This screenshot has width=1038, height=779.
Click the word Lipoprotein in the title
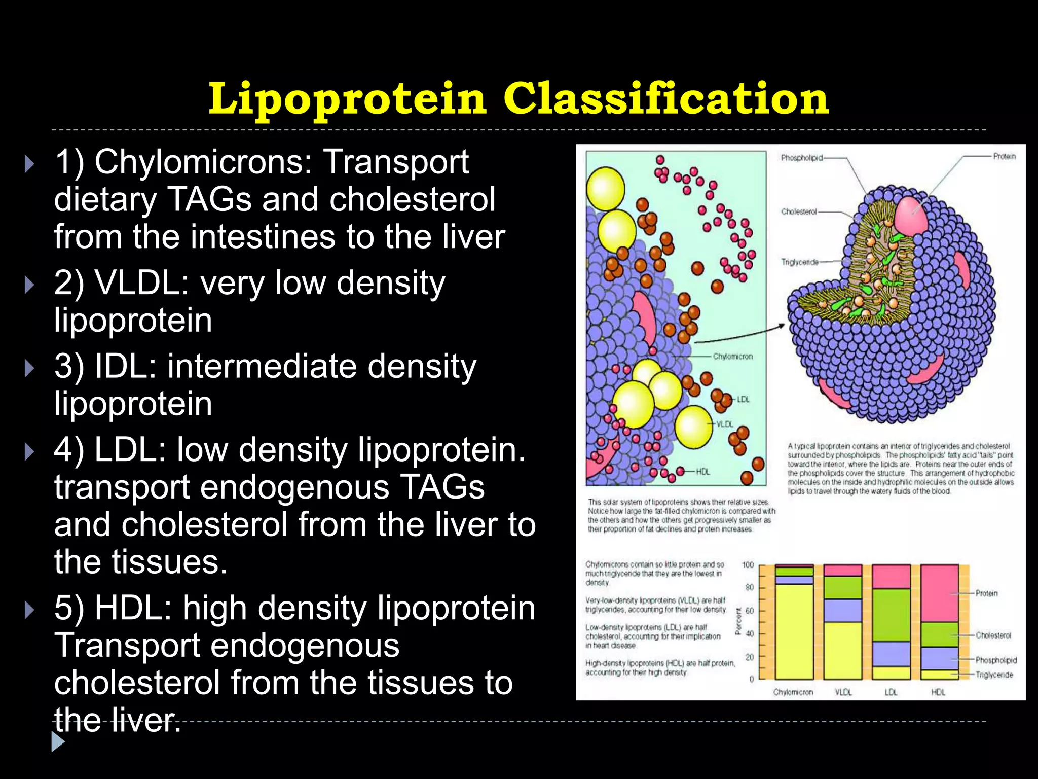click(x=347, y=98)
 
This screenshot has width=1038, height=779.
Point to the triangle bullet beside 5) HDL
click(x=29, y=609)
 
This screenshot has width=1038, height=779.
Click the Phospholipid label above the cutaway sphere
click(x=801, y=158)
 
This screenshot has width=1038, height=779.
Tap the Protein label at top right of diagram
click(x=1004, y=156)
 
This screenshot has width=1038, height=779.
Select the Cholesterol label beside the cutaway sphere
click(x=799, y=211)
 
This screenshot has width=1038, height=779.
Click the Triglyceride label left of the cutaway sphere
click(x=799, y=262)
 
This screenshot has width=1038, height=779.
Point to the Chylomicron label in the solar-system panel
click(x=732, y=357)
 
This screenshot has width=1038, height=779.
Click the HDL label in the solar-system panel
click(x=702, y=472)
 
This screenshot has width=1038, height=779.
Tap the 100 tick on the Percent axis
click(x=748, y=565)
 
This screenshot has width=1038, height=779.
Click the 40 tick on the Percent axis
click(x=750, y=634)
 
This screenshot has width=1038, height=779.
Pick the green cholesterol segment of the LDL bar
click(x=891, y=615)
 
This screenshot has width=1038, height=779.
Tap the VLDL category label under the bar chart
click(x=843, y=692)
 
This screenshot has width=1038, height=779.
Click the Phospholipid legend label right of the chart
click(x=996, y=660)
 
